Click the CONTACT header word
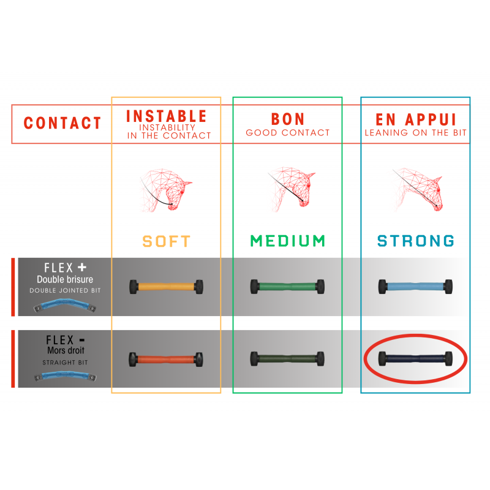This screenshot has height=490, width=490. (x=62, y=123)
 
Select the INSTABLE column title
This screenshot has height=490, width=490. (x=166, y=116)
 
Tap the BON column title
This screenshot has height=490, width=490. (x=288, y=119)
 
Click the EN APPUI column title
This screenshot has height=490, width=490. (x=416, y=119)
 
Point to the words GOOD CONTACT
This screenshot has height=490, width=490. (x=288, y=133)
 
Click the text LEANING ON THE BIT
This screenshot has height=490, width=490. (x=416, y=133)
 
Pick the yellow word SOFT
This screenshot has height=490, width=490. (x=166, y=241)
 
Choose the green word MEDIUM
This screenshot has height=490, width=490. (x=288, y=241)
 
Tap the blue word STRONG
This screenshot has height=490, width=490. (x=416, y=241)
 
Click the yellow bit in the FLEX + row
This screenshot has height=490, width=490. (x=166, y=287)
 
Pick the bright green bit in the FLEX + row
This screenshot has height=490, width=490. (x=287, y=287)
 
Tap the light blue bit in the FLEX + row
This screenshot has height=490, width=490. (x=415, y=287)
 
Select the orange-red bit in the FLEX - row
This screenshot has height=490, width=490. (x=166, y=360)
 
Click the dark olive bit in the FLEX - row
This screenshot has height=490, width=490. (x=287, y=359)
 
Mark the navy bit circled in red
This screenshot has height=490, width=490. (x=415, y=358)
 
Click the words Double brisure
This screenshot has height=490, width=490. (x=65, y=279)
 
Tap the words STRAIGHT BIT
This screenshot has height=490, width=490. (x=65, y=363)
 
